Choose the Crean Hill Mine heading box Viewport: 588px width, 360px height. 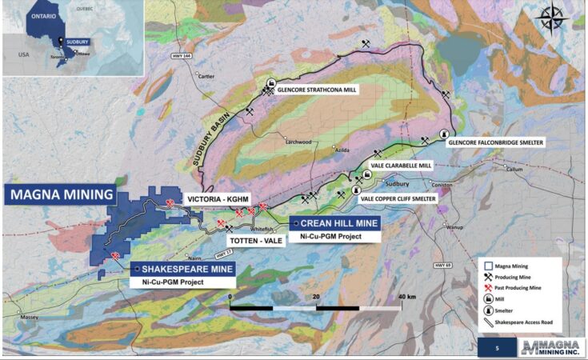[335, 223]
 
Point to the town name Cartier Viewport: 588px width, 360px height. [206, 77]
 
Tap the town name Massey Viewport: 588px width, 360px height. [30, 318]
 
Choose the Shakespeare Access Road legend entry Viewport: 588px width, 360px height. [528, 322]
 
